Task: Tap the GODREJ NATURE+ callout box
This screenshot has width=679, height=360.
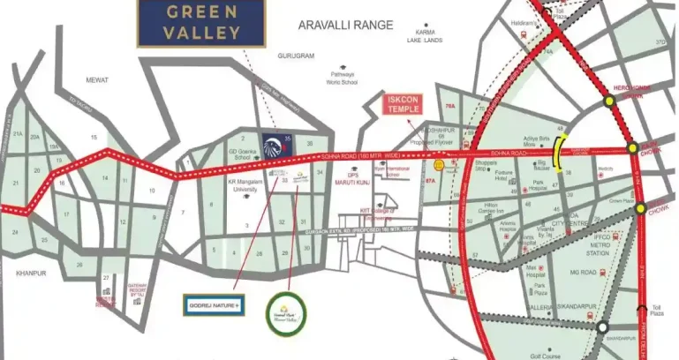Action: [215, 305]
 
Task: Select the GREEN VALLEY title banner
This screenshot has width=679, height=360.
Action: [189, 24]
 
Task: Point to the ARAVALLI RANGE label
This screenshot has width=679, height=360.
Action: [345, 26]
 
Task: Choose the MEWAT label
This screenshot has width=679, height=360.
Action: [96, 80]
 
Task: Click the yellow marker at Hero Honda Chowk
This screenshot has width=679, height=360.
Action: [609, 101]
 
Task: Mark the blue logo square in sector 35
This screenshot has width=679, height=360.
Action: [275, 144]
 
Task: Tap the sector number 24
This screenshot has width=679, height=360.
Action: [15, 231]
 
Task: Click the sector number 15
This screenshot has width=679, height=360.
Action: [94, 137]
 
